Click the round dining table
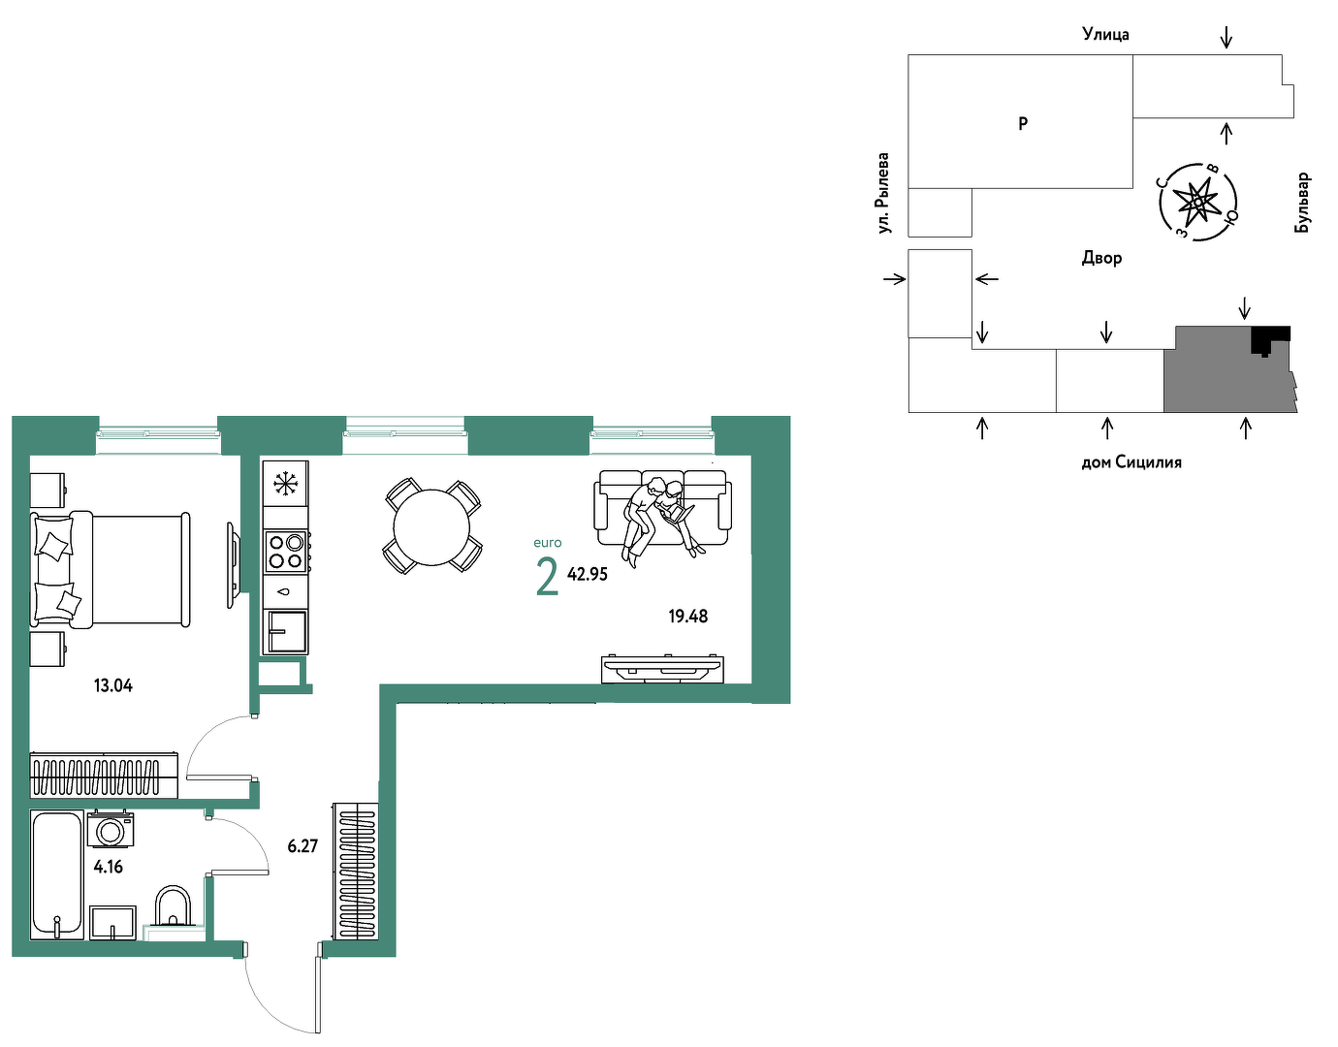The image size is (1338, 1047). (x=431, y=527)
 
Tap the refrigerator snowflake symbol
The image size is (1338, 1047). (x=285, y=483)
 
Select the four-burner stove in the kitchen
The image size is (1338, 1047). (x=286, y=553)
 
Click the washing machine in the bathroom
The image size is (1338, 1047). (x=111, y=830)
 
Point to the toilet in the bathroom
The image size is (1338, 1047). (x=173, y=907)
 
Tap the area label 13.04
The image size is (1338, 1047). (x=112, y=685)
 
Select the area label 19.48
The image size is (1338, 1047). (x=687, y=617)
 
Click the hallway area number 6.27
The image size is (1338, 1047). (x=303, y=846)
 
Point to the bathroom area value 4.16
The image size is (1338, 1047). (x=108, y=868)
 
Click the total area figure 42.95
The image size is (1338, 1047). (x=587, y=574)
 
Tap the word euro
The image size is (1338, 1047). (x=548, y=543)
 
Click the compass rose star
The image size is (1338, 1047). (x=1197, y=202)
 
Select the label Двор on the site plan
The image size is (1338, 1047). (x=1101, y=258)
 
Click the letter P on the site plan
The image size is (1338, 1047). (x=1023, y=124)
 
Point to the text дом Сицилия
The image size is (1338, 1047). (x=1131, y=462)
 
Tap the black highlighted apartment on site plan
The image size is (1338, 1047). (x=1270, y=338)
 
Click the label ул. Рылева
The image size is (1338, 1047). (x=884, y=193)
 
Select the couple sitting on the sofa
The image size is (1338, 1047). (x=659, y=517)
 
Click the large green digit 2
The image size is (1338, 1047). (x=547, y=577)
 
